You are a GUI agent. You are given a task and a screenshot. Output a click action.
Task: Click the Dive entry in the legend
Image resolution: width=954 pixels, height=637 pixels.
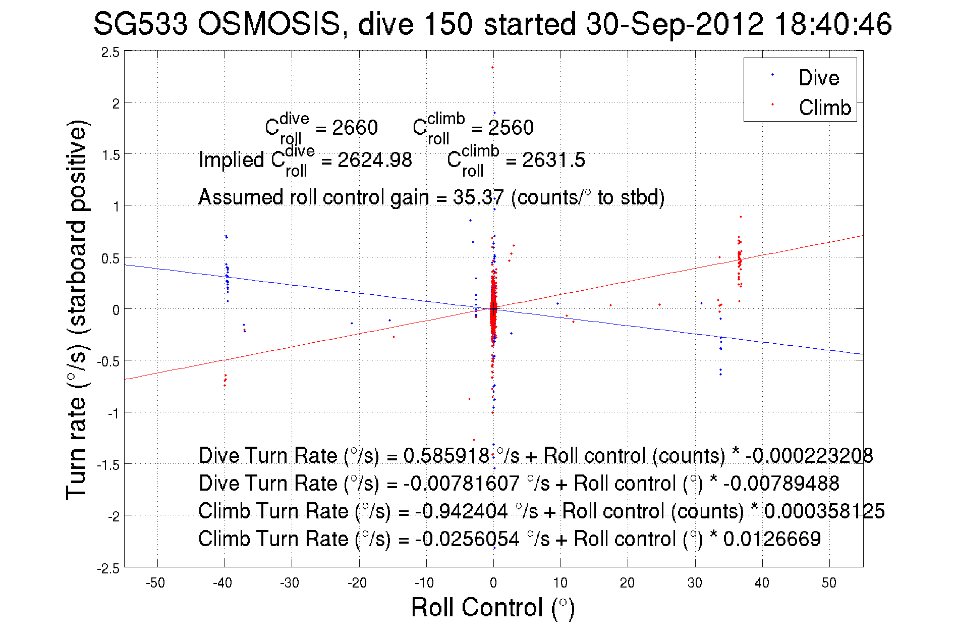(818, 78)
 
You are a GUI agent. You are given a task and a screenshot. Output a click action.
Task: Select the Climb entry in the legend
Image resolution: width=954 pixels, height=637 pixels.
(824, 108)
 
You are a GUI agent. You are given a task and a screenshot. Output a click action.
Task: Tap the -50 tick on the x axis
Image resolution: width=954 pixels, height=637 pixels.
(155, 583)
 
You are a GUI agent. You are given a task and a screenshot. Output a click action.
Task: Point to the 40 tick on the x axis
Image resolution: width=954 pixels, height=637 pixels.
(762, 583)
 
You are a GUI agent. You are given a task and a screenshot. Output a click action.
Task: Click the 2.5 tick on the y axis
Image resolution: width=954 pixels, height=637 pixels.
(110, 52)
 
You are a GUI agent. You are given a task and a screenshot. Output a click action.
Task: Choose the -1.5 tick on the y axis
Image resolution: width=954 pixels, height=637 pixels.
(108, 465)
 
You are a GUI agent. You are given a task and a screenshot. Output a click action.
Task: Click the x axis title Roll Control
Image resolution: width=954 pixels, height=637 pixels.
(492, 607)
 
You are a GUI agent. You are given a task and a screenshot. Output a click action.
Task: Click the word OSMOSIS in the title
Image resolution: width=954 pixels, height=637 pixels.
(268, 24)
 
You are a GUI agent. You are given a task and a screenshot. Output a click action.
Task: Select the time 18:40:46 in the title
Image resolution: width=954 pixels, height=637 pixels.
(833, 24)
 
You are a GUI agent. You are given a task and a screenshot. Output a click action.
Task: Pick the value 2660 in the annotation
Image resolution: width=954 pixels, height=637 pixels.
(355, 128)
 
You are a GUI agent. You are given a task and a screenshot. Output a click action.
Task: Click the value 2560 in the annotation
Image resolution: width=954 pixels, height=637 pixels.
(511, 128)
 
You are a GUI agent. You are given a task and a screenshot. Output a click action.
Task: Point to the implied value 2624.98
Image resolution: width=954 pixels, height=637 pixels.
(374, 160)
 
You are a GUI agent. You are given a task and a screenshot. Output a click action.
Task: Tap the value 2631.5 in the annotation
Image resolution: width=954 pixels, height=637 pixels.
(553, 160)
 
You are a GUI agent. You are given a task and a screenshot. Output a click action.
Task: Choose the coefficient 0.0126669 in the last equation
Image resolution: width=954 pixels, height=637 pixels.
(772, 539)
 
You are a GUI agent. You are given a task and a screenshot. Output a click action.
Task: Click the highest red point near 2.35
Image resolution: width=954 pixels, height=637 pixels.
(492, 67)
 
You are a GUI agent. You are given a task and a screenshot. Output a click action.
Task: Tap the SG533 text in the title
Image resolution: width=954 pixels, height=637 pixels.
(141, 24)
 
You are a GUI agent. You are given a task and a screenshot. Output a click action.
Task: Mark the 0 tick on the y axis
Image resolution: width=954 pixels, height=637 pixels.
(116, 310)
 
